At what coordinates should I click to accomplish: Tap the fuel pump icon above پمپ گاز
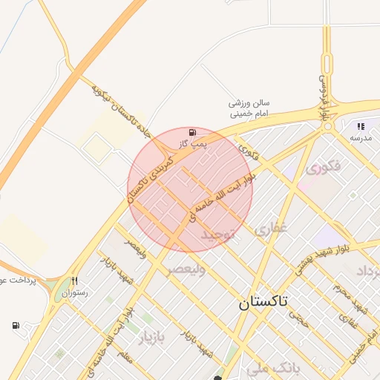tap(193, 130)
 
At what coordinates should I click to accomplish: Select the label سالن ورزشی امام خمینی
tap(249, 108)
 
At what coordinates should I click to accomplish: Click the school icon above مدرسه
tap(361, 126)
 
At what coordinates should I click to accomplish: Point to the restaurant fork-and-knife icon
tap(74, 281)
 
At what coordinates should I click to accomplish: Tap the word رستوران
tap(75, 293)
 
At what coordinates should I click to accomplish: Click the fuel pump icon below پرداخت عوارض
tap(16, 325)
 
